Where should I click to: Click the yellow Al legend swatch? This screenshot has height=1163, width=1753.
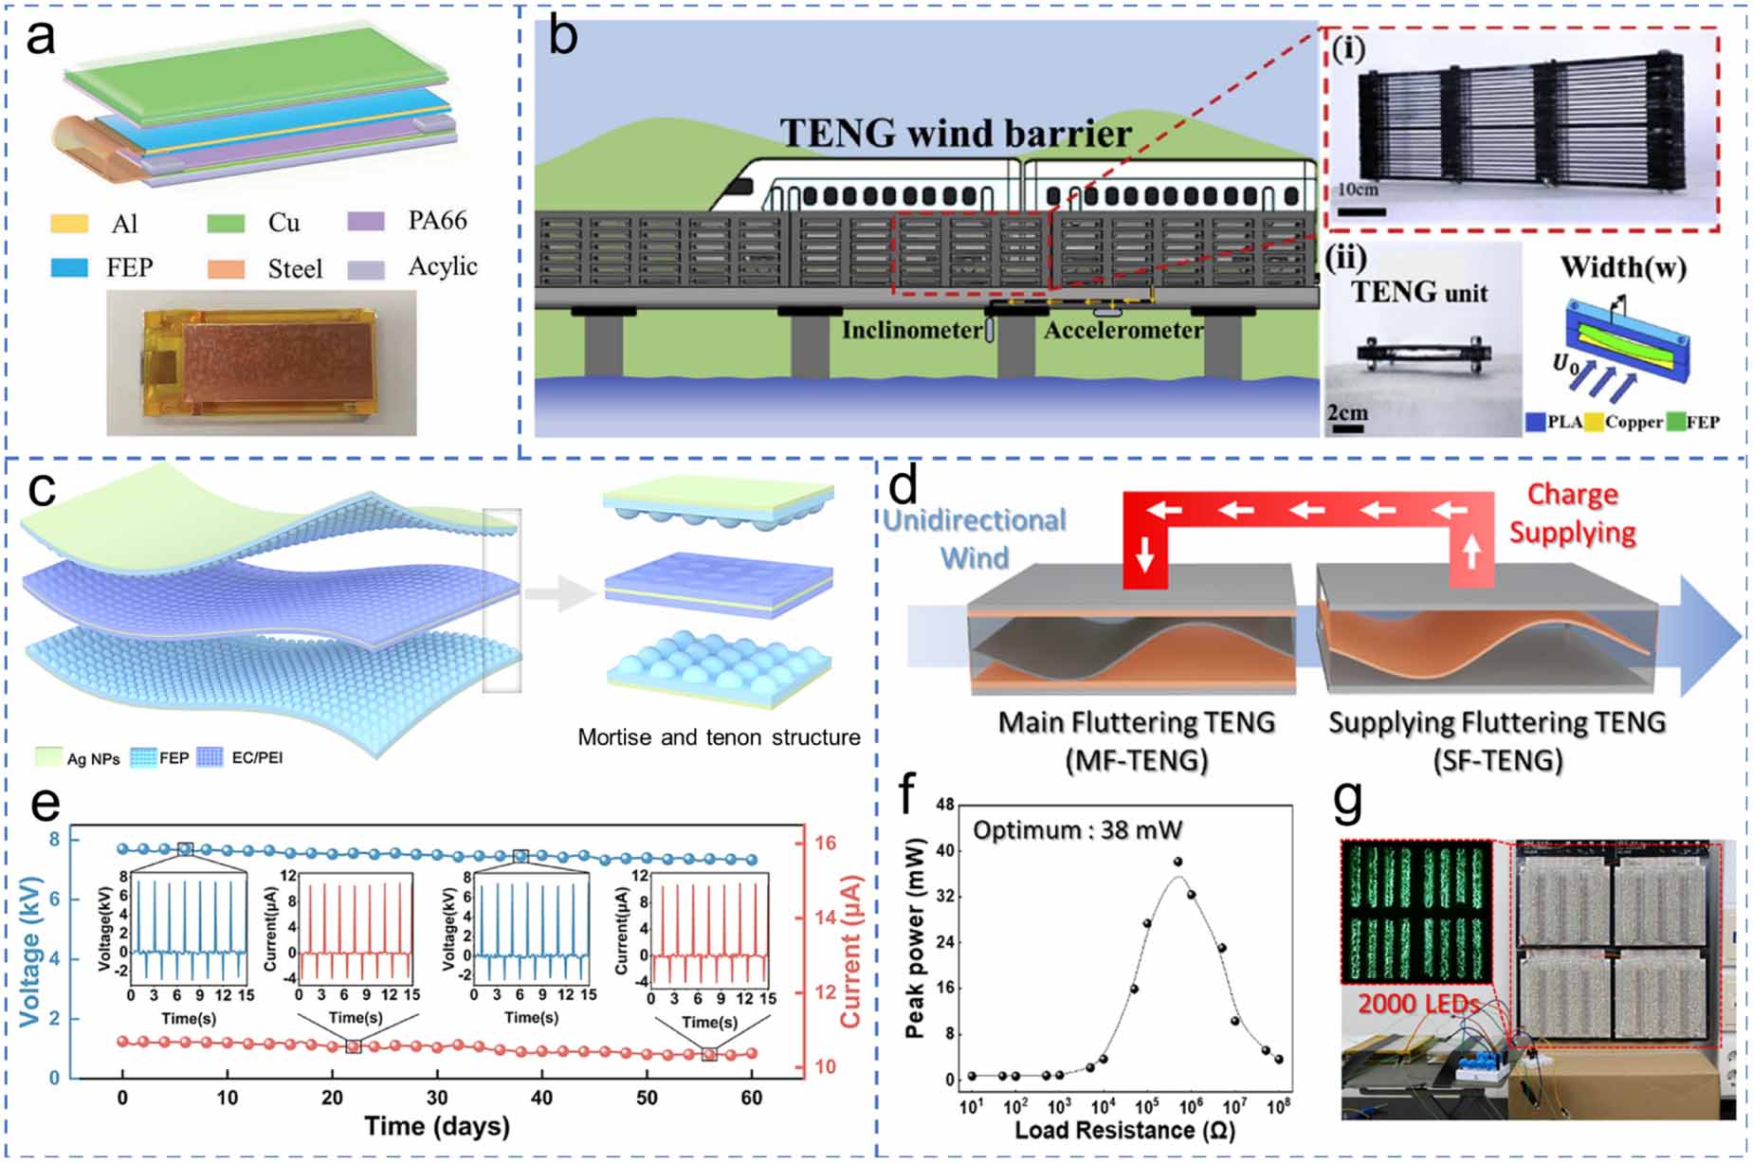[x=69, y=224]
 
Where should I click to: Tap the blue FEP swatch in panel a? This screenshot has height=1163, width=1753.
[x=69, y=268]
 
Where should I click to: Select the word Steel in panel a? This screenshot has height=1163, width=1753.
[x=295, y=269]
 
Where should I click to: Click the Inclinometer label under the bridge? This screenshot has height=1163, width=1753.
[x=912, y=330]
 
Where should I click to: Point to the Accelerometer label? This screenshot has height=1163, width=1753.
[x=1123, y=330]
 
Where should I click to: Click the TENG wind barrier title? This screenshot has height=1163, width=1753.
[x=956, y=134]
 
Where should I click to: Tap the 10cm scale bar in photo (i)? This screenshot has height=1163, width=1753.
[x=1361, y=211]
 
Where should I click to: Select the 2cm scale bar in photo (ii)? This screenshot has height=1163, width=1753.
[x=1346, y=429]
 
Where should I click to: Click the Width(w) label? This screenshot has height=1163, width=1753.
[x=1623, y=267]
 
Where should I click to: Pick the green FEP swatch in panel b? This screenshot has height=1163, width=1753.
[x=1675, y=423]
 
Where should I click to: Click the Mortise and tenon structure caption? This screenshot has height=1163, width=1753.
[x=719, y=737]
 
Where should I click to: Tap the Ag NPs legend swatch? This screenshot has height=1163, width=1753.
[x=48, y=756]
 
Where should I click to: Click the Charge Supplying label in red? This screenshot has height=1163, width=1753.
[x=1572, y=513]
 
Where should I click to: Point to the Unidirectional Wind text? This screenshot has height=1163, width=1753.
[x=975, y=538]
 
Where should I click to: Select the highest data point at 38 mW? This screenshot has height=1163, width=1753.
[x=1178, y=862]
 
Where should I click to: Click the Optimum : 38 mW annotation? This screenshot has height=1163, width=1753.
[x=1077, y=830]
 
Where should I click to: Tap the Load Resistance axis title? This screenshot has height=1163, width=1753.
[x=1124, y=1130]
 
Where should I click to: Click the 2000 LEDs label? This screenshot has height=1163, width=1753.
[x=1417, y=1003]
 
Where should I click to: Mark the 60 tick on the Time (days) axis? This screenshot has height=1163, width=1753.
[x=751, y=1098]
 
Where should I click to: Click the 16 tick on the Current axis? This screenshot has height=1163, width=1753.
[x=825, y=843]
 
